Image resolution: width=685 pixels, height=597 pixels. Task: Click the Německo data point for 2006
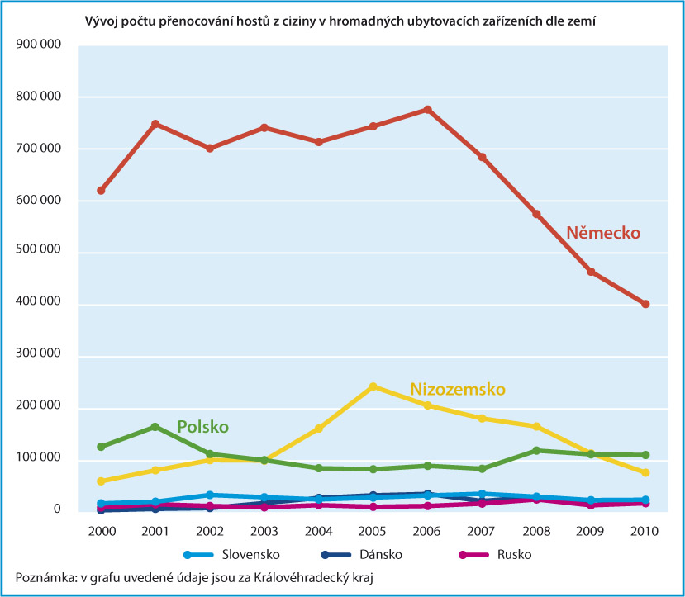427,110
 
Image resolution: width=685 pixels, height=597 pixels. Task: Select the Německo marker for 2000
101,191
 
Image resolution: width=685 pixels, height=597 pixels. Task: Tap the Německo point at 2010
645,304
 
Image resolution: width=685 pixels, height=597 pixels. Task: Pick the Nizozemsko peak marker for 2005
373,386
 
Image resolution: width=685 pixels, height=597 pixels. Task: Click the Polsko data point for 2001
155,427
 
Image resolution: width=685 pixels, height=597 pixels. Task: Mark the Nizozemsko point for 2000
101,481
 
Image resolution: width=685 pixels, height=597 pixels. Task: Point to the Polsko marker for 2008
536,451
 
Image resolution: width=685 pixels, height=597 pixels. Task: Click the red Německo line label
603,234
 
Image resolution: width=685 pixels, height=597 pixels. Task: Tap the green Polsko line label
202,427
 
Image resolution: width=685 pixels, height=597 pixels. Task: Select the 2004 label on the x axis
318,532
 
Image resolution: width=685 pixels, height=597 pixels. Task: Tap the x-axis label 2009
591,532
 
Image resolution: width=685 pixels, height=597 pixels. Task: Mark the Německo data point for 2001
155,124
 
